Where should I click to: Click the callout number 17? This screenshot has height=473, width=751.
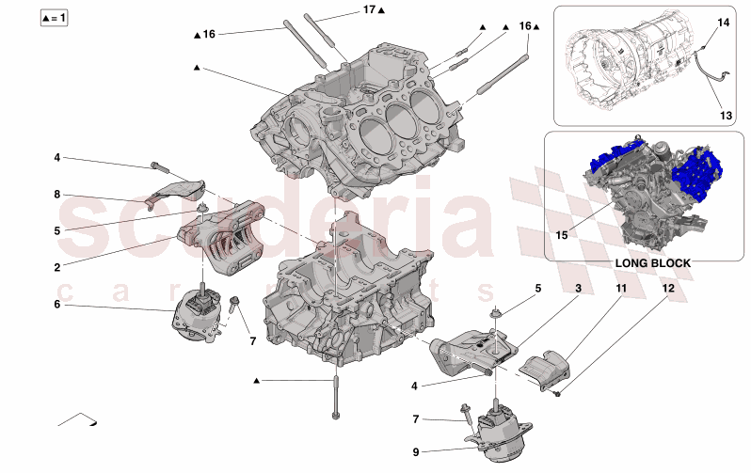(370, 9)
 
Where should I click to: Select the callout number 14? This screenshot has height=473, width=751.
(723, 21)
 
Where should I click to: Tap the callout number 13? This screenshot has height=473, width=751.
(725, 116)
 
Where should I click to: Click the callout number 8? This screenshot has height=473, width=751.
(56, 195)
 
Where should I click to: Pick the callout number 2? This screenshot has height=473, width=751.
(56, 267)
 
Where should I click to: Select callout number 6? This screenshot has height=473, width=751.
(56, 304)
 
